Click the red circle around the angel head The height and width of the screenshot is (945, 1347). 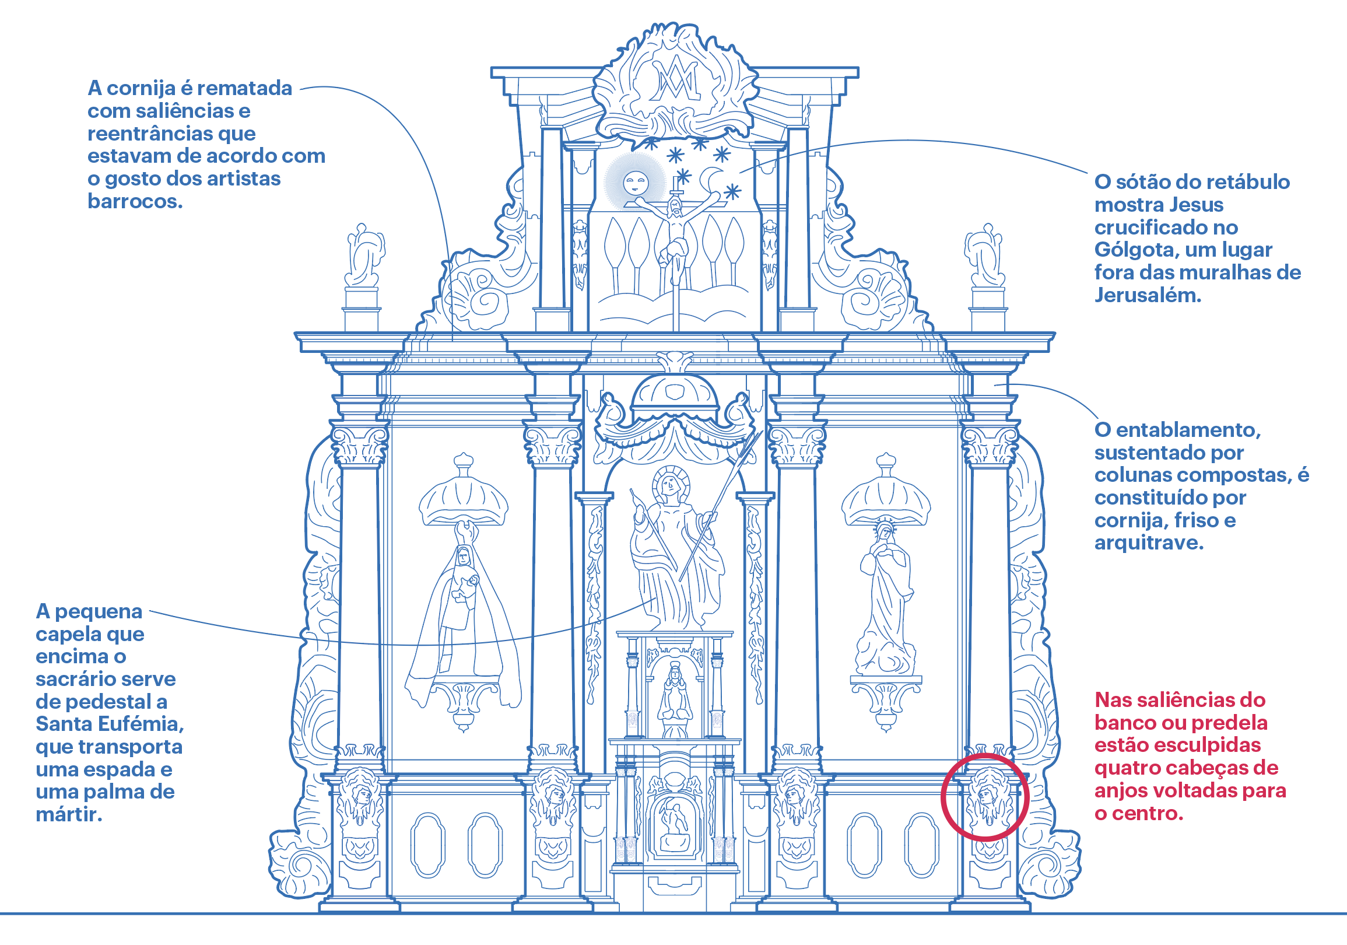985,797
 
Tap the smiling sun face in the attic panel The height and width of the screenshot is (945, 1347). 636,183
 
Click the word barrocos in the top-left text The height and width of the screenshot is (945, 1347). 135,201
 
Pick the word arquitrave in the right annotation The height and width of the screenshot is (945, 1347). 1149,543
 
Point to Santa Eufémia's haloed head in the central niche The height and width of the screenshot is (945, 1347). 670,485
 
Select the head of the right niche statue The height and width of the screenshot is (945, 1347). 885,532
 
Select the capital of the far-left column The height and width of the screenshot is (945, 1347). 360,446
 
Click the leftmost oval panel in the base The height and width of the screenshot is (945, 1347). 427,845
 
